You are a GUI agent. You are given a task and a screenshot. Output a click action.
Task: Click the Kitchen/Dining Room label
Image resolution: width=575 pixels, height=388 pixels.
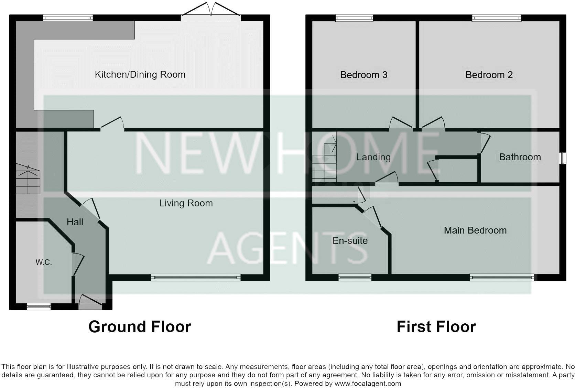(140, 75)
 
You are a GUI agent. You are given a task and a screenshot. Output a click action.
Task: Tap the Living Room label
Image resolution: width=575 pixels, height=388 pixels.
(186, 203)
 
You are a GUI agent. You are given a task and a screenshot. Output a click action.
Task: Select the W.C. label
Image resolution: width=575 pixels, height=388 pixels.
(44, 262)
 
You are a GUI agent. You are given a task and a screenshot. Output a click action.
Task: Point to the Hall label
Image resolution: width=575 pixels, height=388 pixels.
(75, 222)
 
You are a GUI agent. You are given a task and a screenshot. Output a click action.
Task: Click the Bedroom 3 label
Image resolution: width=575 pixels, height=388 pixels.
(364, 75)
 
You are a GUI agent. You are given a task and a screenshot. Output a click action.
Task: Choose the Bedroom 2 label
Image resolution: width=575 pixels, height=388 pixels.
(489, 75)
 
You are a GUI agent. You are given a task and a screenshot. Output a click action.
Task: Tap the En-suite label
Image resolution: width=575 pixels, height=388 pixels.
(350, 241)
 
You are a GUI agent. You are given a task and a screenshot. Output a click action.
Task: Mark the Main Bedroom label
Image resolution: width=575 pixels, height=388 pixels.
(475, 230)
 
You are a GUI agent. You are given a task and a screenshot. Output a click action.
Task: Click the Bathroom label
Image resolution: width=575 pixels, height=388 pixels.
(520, 157)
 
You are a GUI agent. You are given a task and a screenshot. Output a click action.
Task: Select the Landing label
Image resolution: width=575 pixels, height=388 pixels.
(373, 158)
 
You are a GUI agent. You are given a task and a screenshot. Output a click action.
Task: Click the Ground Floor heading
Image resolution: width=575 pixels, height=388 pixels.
(140, 327)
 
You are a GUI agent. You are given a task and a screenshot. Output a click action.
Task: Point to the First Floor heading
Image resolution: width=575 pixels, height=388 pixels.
(436, 327)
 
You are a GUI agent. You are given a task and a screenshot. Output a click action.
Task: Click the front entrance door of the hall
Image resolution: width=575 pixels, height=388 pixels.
(90, 302)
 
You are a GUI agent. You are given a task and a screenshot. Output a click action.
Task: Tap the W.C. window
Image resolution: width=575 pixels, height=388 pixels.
(39, 306)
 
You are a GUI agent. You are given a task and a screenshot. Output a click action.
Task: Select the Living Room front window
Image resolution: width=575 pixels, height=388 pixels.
(196, 277)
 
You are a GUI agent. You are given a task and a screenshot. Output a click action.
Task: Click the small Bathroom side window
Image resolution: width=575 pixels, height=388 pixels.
(563, 158)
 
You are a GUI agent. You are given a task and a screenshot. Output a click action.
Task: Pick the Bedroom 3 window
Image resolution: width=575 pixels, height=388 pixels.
(354, 18)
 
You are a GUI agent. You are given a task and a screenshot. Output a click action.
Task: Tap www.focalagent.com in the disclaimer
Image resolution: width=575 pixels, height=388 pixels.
(368, 384)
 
